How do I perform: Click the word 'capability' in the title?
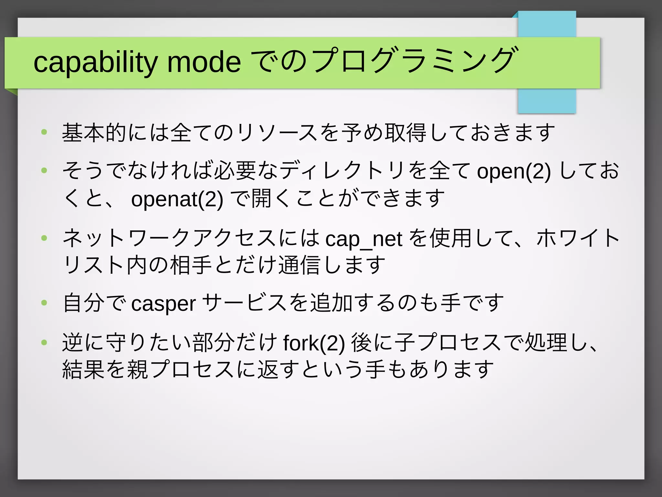[x=96, y=62]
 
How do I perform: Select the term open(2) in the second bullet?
[x=514, y=171]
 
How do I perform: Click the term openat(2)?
[x=177, y=199]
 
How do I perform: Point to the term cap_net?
[x=364, y=239]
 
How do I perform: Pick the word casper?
[x=164, y=304]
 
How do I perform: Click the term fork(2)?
[x=314, y=343]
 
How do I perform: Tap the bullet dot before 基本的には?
[x=44, y=132]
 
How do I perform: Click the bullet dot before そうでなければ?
[x=44, y=170]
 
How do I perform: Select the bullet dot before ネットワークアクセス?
[x=44, y=238]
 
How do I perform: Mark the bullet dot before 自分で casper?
[x=44, y=303]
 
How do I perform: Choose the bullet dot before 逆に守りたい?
[x=44, y=342]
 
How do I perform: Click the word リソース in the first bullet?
[x=277, y=133]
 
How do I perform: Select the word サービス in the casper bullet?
[x=244, y=303]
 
